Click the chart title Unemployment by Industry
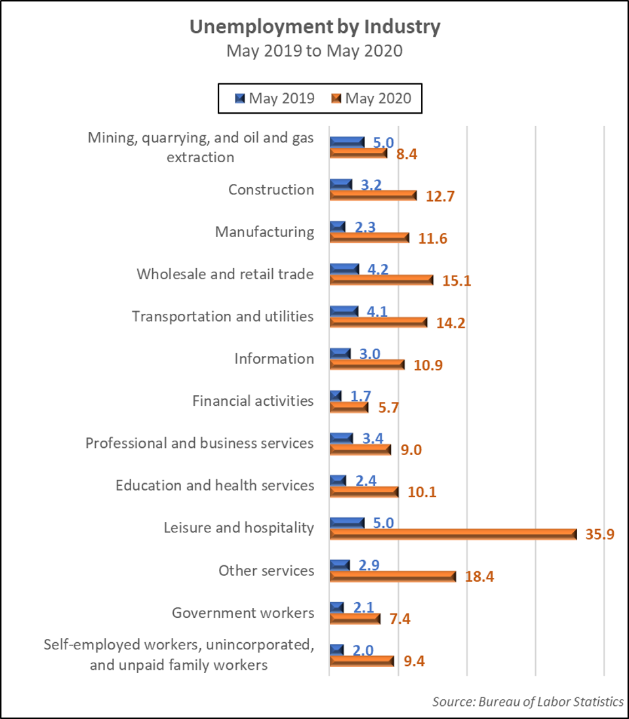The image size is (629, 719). (x=315, y=27)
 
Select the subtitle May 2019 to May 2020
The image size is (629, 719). (x=314, y=51)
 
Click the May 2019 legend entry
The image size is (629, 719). (x=275, y=98)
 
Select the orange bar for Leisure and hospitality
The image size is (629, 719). (x=453, y=534)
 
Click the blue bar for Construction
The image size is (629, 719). (x=341, y=184)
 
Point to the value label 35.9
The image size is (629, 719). (x=599, y=534)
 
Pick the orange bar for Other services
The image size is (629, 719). (x=392, y=577)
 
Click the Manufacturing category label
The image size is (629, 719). (x=265, y=232)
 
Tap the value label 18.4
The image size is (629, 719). (x=479, y=577)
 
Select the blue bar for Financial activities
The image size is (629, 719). (x=336, y=395)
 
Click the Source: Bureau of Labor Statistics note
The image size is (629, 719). (x=527, y=701)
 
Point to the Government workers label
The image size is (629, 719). (x=243, y=613)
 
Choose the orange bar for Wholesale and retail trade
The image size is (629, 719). (x=382, y=280)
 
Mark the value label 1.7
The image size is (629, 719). (x=361, y=395)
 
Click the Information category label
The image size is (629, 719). (x=274, y=359)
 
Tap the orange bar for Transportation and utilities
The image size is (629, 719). (x=378, y=322)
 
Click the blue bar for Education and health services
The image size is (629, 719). (x=338, y=480)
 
